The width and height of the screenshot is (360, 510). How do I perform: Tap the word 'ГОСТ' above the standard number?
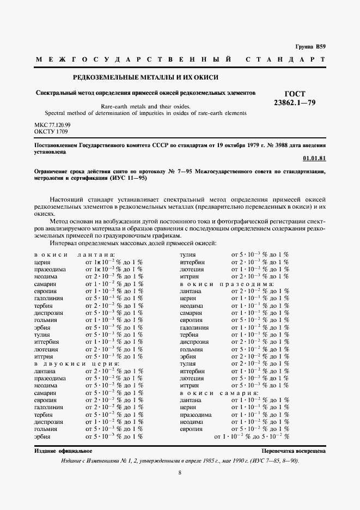pos(296,94)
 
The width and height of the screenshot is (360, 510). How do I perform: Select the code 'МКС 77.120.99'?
pos(52,125)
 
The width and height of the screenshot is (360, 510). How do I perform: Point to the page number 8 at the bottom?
pos(180,472)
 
